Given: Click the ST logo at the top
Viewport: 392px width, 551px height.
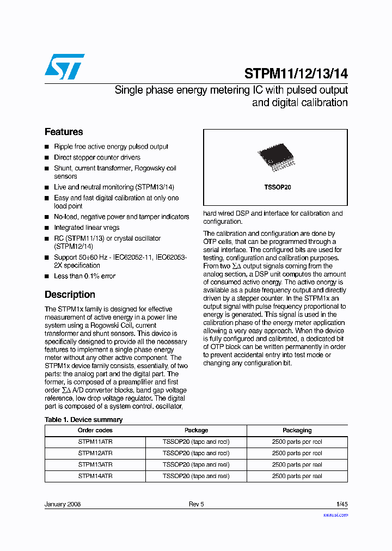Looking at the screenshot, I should point(64,66).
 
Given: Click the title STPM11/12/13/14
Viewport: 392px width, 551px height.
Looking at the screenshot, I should point(296,74).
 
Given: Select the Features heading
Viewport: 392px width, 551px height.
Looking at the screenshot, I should point(64,132).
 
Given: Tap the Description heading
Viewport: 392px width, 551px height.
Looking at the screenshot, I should point(70,295).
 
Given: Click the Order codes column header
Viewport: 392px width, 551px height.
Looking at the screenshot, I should point(95,430).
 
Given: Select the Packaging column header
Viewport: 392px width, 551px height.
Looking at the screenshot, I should point(297,430).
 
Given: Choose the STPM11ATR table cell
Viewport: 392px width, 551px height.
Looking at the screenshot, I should point(95,442).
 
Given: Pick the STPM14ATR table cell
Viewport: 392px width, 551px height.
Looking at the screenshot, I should point(95,476).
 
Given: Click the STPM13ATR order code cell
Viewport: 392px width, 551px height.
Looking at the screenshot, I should point(95,465).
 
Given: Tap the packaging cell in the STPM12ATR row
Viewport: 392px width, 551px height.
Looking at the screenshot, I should point(297,454).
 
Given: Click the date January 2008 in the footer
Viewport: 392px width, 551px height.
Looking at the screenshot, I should point(63,504).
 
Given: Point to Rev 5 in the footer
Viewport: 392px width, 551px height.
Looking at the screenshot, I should point(196,504).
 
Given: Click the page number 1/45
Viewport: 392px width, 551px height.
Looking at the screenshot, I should point(341,504).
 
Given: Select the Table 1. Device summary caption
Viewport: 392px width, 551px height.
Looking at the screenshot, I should point(83,420).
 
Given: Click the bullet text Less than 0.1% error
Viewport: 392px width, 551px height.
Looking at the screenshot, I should point(84,276).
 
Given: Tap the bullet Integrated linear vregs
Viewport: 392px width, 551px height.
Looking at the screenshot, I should point(87,228).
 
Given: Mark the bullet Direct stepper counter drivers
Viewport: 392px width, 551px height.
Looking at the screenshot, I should point(97,157).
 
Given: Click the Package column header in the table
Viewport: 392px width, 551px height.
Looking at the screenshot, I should point(196,430).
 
